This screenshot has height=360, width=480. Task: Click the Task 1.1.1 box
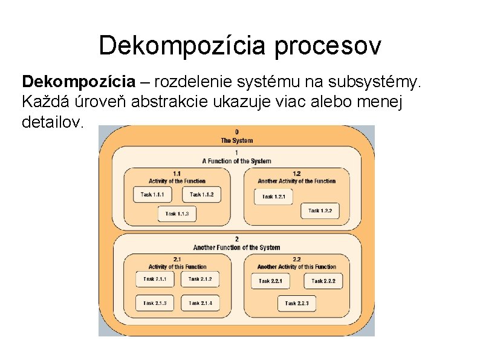coord(152,194)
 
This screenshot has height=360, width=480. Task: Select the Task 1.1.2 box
coord(201,194)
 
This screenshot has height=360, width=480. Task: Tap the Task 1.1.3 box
coord(177,214)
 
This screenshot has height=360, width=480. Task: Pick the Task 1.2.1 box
coord(274,197)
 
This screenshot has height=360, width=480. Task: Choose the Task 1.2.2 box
coord(320,211)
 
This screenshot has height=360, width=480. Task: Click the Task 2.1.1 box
coord(154,279)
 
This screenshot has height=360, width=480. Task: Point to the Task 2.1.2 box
coord(200,279)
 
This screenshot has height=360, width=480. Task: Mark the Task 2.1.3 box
coord(154,303)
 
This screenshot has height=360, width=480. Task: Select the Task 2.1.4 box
coord(200,303)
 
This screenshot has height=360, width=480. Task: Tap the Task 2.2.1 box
coord(270,281)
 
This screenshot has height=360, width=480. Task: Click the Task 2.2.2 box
coord(323,281)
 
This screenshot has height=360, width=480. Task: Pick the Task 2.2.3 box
coord(297,303)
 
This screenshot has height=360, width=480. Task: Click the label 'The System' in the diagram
coord(236,141)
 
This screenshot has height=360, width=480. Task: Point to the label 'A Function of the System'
coord(236,161)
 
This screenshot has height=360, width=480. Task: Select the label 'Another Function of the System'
coord(236,247)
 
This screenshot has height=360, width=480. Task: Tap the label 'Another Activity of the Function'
coord(296,181)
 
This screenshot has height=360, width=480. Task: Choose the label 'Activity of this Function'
coord(177,267)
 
